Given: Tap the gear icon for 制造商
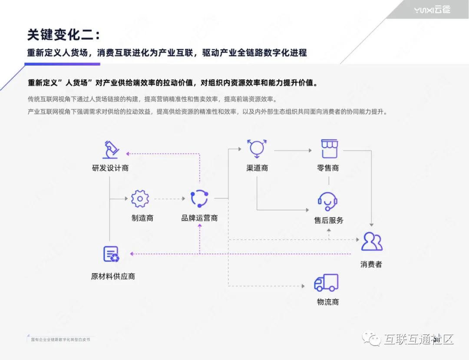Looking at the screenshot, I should pyautogui.click(x=140, y=199).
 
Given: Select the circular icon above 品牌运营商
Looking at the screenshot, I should pyautogui.click(x=199, y=198).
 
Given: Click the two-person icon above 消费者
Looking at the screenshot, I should pyautogui.click(x=372, y=241).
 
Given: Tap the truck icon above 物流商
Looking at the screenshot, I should pyautogui.click(x=326, y=283).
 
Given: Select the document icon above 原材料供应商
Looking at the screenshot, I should pyautogui.click(x=111, y=254).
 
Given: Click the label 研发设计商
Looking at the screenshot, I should pyautogui.click(x=110, y=168).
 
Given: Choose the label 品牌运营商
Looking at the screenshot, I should pyautogui.click(x=199, y=218).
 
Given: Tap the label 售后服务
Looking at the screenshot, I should pyautogui.click(x=329, y=220).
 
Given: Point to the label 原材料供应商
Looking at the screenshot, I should pyautogui.click(x=113, y=276).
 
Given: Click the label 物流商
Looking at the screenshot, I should pyautogui.click(x=328, y=302).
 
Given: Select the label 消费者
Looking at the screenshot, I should pyautogui.click(x=371, y=264).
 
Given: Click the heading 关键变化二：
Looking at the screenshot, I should pyautogui.click(x=63, y=35).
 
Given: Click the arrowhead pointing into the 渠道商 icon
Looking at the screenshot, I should pyautogui.click(x=239, y=149).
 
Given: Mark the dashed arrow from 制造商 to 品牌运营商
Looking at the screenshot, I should pyautogui.click(x=169, y=199).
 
